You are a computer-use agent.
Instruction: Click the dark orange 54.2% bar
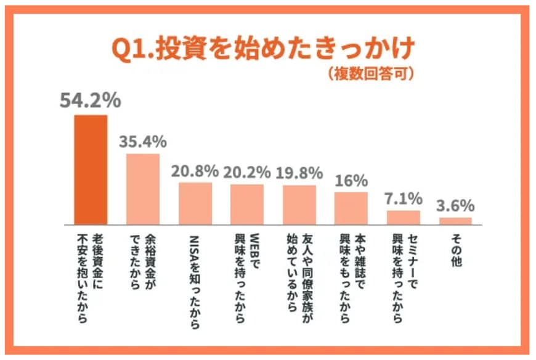[x=91, y=169]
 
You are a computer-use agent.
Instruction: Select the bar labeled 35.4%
[x=143, y=189]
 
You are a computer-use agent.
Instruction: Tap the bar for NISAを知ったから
[x=195, y=203]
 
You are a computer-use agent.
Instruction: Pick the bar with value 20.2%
[x=247, y=204]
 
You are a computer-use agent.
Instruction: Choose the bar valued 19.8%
[x=299, y=205]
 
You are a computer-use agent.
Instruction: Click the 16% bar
[x=351, y=208]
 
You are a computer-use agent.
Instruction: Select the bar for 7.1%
[x=404, y=217]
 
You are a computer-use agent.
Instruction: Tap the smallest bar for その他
[x=455, y=220]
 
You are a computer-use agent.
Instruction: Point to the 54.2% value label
[x=90, y=100]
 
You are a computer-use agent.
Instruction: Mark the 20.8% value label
[x=195, y=170]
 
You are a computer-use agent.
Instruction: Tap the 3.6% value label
[x=456, y=205]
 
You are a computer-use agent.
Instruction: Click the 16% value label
[x=352, y=181]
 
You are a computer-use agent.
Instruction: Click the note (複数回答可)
[x=370, y=74]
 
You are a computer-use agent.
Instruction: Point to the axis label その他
[x=456, y=250]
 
